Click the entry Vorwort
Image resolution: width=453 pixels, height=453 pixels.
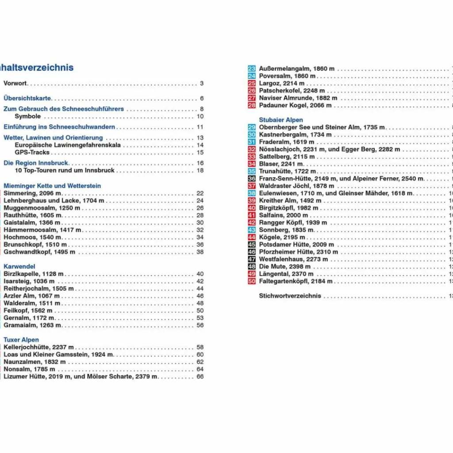pyautogui.click(x=15, y=83)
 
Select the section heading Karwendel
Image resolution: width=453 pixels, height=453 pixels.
pyautogui.click(x=20, y=266)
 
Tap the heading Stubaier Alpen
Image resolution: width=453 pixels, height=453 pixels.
pyautogui.click(x=281, y=120)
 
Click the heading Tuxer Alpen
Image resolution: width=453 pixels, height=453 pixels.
pyautogui.click(x=21, y=340)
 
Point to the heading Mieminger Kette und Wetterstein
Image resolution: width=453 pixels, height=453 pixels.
pyautogui.click(x=52, y=186)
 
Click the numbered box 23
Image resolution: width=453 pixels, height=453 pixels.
pyautogui.click(x=252, y=69)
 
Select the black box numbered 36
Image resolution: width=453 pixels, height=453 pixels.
pyautogui.click(x=252, y=179)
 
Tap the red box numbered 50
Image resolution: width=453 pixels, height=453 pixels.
pyautogui.click(x=252, y=281)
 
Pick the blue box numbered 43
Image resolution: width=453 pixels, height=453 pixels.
pyautogui.click(x=252, y=230)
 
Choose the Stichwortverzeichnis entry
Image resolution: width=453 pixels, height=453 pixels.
pyautogui.click(x=290, y=296)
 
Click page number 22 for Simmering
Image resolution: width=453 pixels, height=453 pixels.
pyautogui.click(x=200, y=193)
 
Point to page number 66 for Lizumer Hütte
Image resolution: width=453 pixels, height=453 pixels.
pyautogui.click(x=200, y=376)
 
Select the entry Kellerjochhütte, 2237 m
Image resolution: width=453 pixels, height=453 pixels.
pyautogui.click(x=38, y=347)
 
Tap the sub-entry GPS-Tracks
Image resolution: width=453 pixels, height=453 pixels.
pyautogui.click(x=32, y=152)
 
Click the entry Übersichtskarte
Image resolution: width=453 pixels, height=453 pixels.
pyautogui.click(x=27, y=98)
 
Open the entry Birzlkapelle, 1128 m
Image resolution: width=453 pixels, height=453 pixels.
pyautogui.click(x=34, y=274)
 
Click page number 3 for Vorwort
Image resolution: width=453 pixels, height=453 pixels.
pyautogui.click(x=202, y=83)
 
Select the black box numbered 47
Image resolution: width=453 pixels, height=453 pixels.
pyautogui.click(x=252, y=259)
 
